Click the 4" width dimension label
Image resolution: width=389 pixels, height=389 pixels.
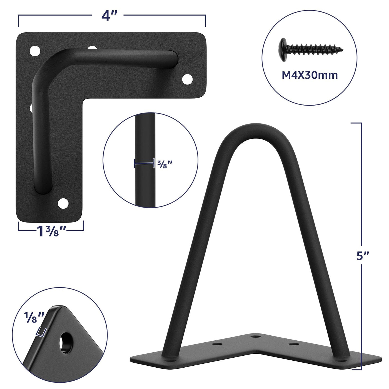(x=109, y=16)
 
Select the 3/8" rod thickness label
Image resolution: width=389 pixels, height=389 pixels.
(x=165, y=164)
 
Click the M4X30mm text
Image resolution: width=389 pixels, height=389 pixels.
(x=310, y=75)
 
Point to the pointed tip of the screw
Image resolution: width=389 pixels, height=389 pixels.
(x=343, y=49)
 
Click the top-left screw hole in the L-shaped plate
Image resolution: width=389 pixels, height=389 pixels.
(x=35, y=51)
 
